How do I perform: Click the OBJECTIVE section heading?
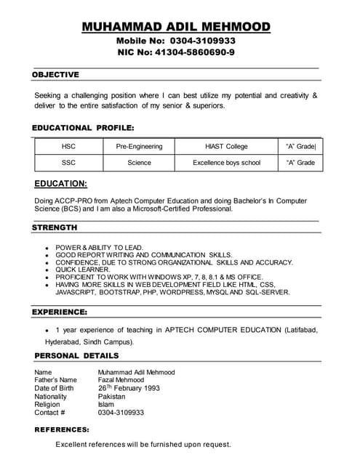click(x=55, y=75)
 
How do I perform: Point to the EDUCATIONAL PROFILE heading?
click(x=83, y=128)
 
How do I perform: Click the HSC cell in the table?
click(x=68, y=147)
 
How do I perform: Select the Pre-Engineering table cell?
click(x=139, y=147)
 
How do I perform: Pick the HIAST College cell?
click(x=226, y=147)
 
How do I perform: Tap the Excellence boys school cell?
click(x=226, y=163)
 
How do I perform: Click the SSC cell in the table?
click(x=68, y=163)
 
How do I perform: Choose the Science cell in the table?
click(x=139, y=163)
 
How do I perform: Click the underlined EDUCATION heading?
click(x=61, y=184)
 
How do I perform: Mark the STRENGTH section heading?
click(x=55, y=227)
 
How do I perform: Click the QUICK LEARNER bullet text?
click(x=83, y=270)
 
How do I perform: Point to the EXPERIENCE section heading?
click(x=60, y=312)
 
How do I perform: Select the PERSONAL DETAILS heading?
click(x=76, y=355)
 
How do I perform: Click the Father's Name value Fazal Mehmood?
click(x=121, y=380)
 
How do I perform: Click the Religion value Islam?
click(x=105, y=405)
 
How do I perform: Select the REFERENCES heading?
click(x=62, y=429)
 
